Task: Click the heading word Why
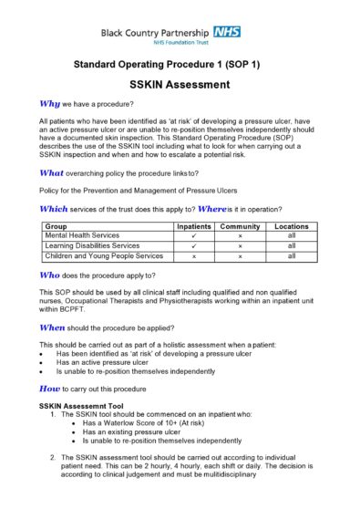pos(50,103)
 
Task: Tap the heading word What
pos(53,172)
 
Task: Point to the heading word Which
pos(56,208)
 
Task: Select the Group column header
pos(56,225)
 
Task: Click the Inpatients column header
pos(194,225)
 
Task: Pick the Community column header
pos(240,225)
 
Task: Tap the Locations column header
pos(291,225)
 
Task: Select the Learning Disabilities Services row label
pos(92,246)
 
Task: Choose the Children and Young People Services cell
pos(104,256)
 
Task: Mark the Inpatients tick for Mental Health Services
pos(194,235)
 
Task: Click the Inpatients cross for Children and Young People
pos(194,257)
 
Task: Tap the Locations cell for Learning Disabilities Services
pos(291,246)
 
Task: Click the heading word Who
pos(51,274)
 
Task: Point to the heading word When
pos(54,326)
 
